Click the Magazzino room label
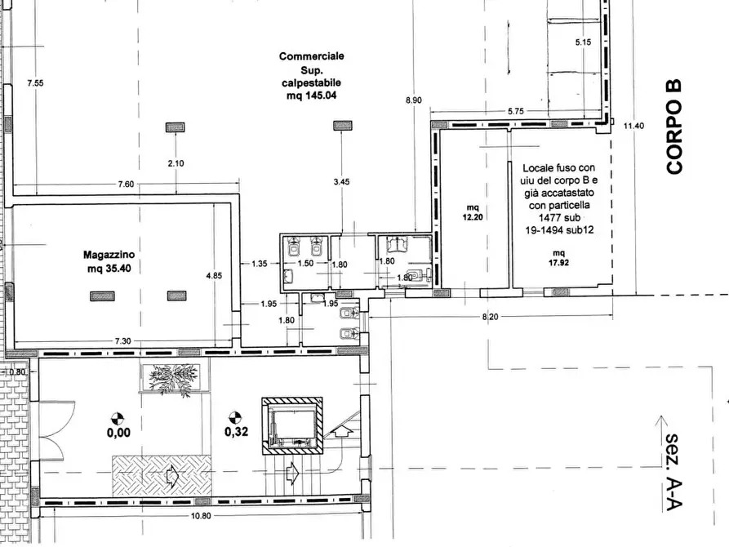[x=109, y=255]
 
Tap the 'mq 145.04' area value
[x=312, y=96]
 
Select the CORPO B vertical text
[x=673, y=127]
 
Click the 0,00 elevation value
[x=118, y=433]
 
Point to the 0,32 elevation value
[x=236, y=432]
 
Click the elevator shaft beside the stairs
[x=292, y=425]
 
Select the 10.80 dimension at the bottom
[x=201, y=516]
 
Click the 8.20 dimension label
[x=490, y=317]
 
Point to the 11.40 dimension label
[x=633, y=126]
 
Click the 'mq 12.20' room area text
[x=473, y=212]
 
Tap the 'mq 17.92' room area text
[x=559, y=258]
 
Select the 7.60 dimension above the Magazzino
[x=126, y=185]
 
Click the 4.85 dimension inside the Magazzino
[x=214, y=275]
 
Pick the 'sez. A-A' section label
[x=673, y=473]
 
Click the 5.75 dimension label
[x=516, y=111]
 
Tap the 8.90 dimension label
[x=414, y=100]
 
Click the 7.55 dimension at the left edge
[x=35, y=83]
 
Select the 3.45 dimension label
[x=342, y=182]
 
